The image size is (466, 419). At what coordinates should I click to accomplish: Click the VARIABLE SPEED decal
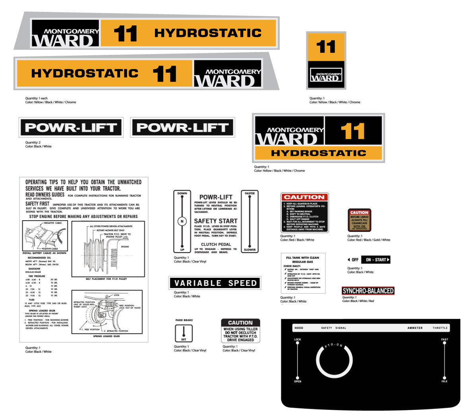[215, 283]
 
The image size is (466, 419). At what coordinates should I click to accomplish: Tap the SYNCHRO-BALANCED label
[368, 291]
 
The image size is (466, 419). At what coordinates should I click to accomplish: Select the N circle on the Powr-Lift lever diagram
[182, 221]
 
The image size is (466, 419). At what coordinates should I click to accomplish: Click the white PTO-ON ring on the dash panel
[334, 361]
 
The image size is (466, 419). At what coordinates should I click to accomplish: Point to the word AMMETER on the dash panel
[415, 328]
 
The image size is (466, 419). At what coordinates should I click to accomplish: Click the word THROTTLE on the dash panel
[440, 328]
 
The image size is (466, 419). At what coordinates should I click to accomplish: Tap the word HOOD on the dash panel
[298, 328]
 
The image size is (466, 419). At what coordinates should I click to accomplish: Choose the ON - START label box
[375, 260]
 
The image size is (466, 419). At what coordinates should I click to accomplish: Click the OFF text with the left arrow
[353, 260]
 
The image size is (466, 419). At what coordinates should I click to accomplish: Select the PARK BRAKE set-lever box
[184, 333]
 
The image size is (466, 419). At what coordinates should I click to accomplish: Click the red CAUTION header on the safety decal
[304, 197]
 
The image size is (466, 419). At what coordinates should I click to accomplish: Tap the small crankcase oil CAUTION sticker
[359, 220]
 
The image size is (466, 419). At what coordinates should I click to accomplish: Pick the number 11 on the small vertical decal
[326, 47]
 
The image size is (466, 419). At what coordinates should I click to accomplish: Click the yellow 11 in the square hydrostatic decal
[353, 131]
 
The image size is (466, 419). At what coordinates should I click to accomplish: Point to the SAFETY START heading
[216, 221]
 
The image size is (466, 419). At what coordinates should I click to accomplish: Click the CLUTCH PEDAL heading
[216, 244]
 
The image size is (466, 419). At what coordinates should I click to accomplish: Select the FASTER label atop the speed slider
[250, 194]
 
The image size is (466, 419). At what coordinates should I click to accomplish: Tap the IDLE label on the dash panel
[444, 382]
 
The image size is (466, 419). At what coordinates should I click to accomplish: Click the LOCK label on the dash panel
[298, 340]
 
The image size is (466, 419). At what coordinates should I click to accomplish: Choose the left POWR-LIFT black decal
[71, 128]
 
